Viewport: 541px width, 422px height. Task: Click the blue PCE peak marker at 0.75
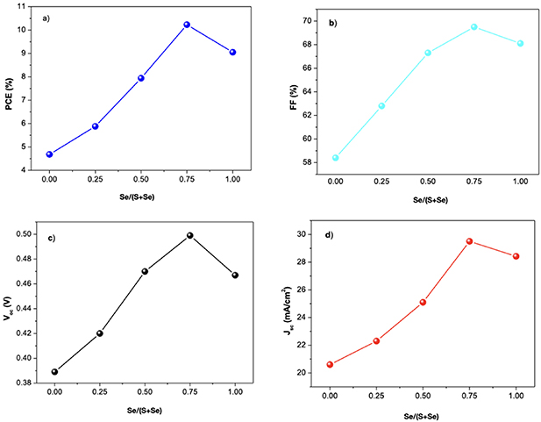pos(187,25)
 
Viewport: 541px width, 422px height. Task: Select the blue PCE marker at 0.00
pos(50,154)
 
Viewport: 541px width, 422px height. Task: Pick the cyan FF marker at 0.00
pos(336,158)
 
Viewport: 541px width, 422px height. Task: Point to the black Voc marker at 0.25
pos(100,333)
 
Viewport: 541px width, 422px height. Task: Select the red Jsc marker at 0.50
pos(423,302)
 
